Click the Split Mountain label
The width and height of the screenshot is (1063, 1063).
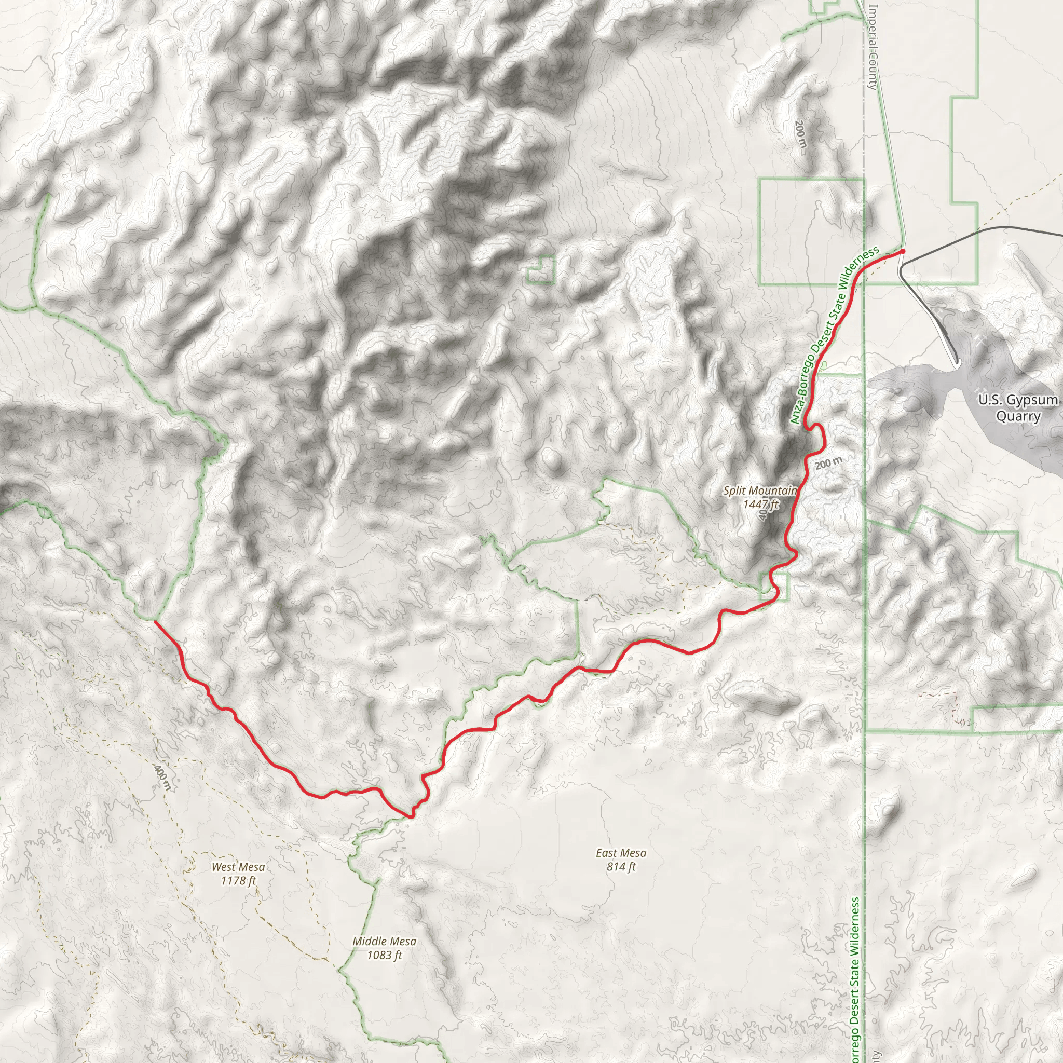[x=759, y=490]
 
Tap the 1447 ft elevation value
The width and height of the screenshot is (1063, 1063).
[x=761, y=504]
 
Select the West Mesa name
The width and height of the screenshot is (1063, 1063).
[x=238, y=867]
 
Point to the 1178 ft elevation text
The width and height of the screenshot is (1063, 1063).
[x=238, y=881]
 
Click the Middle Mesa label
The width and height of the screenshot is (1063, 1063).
[x=384, y=942]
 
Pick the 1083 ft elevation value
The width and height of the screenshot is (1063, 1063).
[x=384, y=955]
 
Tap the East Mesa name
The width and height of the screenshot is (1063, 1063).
[x=621, y=853]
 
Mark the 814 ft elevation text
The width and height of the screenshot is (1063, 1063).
[x=621, y=867]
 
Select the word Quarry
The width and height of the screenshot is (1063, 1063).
[x=1018, y=416]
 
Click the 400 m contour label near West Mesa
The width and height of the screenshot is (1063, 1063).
[x=162, y=779]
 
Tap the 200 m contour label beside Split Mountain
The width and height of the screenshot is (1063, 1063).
[x=828, y=464]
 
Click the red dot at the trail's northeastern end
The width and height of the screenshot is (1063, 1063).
[x=902, y=251]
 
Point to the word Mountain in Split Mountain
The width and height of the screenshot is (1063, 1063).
[x=776, y=490]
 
